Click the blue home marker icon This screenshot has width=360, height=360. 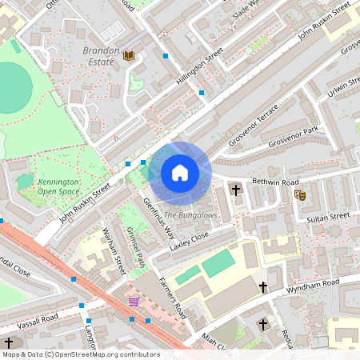click(x=180, y=173)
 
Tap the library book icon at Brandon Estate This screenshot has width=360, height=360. click(x=129, y=55)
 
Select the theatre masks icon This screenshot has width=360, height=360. click(x=300, y=194)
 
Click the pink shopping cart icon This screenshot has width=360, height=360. click(x=134, y=302)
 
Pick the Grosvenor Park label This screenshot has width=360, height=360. click(x=294, y=132)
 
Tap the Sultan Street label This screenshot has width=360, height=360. click(x=328, y=216)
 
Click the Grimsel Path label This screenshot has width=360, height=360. click(x=137, y=247)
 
